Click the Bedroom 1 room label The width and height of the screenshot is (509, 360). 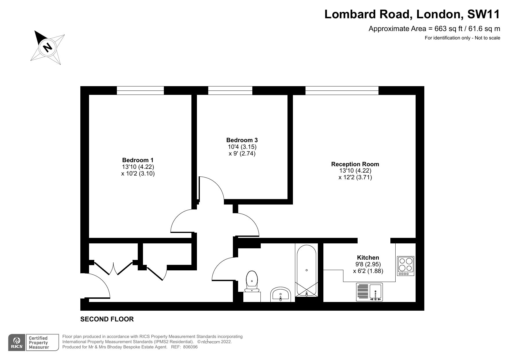138,160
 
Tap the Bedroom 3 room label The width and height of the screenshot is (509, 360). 242,140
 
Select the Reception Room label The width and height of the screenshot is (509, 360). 355,164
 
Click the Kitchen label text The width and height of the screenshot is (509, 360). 368,258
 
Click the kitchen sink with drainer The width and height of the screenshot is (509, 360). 369,292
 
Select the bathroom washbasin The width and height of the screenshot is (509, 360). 280,294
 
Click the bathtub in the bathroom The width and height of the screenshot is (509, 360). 307,270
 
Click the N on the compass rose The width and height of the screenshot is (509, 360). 48,47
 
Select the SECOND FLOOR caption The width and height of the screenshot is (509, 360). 107,319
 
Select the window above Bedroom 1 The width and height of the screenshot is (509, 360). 140,91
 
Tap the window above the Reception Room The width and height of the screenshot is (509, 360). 342,91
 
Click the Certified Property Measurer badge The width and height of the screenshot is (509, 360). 38,343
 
